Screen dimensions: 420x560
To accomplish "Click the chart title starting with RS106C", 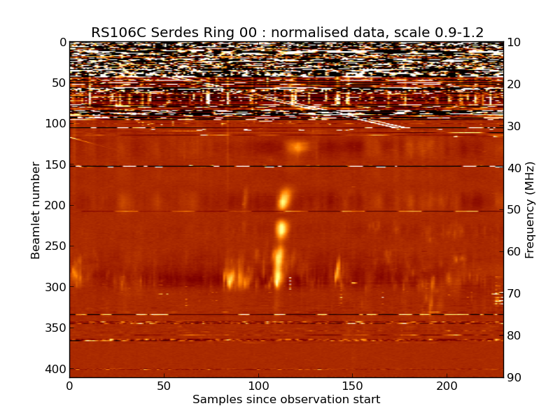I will coord(287,32).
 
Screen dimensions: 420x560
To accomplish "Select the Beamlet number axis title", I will coord(36,210).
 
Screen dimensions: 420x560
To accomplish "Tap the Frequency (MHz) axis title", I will coord(530,210).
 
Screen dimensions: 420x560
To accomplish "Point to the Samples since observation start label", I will coord(286,400).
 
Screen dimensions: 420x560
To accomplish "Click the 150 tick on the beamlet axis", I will coord(57,164).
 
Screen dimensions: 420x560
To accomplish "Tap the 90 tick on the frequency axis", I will coord(514,378).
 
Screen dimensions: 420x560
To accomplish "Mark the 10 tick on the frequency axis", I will coord(514,42).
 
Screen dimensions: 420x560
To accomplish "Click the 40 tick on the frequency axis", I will coord(514,168).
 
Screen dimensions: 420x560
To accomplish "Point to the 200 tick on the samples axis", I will coord(447,386).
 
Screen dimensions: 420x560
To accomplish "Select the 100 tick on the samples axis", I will coord(258,386).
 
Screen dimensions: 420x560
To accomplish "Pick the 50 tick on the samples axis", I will coord(164,386).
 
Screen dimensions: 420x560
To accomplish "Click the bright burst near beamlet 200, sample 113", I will coord(283,199).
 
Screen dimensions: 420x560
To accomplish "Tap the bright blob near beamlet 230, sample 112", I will coord(281,228).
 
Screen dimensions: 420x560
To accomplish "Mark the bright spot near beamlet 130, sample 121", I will coord(299,147).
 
